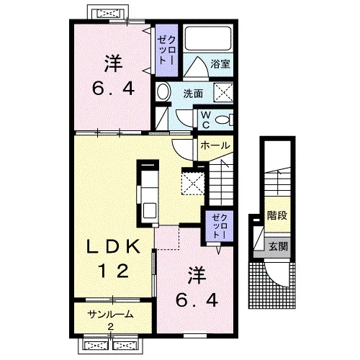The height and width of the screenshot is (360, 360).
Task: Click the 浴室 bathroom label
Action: (220, 64)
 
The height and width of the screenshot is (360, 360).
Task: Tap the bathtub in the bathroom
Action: (208, 38)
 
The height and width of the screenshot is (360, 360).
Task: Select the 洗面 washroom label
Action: (193, 94)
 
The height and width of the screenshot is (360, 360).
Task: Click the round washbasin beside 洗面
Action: (163, 91)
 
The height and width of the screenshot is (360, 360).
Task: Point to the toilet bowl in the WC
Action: (222, 120)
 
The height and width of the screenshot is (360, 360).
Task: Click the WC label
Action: (205, 120)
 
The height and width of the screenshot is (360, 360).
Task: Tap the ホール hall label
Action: (215, 145)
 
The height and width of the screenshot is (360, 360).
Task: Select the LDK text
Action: (113, 246)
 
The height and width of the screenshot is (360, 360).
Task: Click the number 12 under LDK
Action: (113, 271)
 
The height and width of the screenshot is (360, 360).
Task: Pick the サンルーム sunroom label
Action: (110, 314)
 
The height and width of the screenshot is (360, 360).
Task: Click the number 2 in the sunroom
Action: (111, 326)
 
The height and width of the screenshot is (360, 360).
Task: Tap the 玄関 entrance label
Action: (278, 246)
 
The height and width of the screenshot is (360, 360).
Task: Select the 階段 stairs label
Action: (277, 215)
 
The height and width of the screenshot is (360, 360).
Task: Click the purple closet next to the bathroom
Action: (167, 50)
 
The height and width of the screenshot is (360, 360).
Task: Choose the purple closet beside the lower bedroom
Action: (220, 225)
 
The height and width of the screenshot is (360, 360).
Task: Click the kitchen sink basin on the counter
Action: (150, 210)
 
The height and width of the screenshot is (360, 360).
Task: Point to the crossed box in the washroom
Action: (223, 92)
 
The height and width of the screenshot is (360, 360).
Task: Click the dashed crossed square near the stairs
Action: (193, 183)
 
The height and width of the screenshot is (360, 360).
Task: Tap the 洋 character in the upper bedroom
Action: (113, 64)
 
